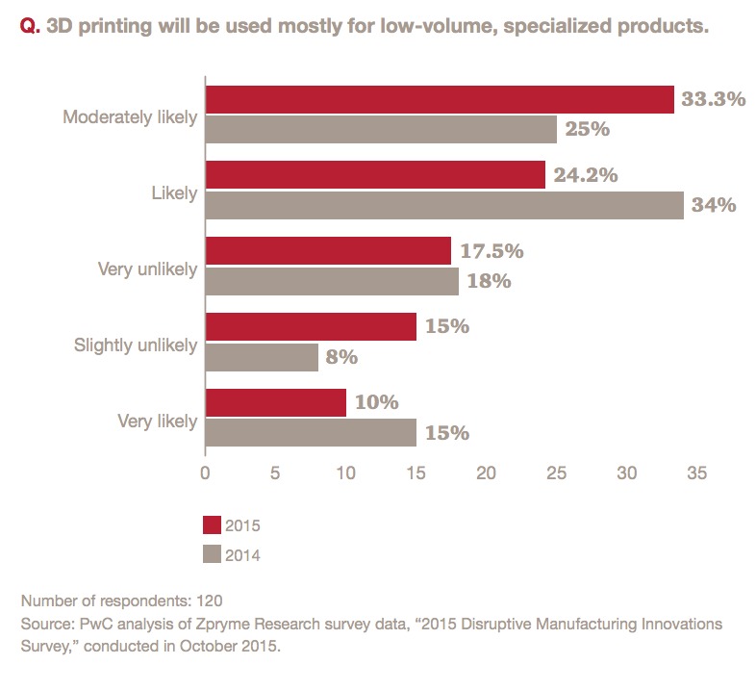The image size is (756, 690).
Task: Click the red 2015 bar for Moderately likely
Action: pos(439,100)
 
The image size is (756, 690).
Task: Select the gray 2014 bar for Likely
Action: pos(443,205)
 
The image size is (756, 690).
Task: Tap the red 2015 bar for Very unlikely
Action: pos(328,251)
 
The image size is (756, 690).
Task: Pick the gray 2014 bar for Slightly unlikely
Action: pos(262,357)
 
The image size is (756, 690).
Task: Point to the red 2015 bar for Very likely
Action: pos(275,403)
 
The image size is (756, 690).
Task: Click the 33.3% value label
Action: pos(714,99)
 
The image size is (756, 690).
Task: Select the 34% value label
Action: pos(715,205)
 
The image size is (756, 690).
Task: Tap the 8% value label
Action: pos(341,357)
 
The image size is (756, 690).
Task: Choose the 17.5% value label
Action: pos(491,251)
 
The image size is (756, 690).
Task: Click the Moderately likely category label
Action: pos(130,117)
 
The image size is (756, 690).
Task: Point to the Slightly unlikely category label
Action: pos(135,345)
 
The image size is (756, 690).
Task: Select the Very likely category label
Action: pos(157,421)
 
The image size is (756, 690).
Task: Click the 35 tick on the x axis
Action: pos(697,473)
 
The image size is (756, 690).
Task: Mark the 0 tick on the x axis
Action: pos(205,473)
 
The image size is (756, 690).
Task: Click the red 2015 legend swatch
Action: pos(212,524)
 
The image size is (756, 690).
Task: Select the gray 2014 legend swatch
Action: pos(212,553)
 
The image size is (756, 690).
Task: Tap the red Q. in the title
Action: pos(29,26)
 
